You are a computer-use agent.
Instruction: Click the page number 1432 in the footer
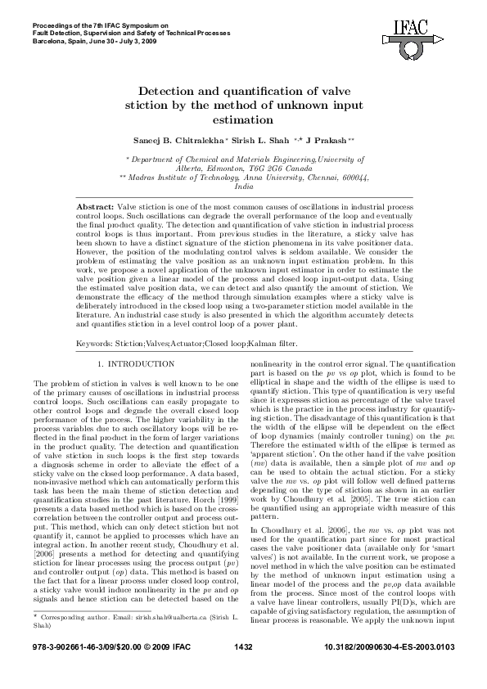point(243,670)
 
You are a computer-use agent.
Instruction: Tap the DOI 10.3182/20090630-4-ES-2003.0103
point(389,670)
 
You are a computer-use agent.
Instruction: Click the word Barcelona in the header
point(52,39)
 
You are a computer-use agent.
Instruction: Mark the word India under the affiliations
point(243,187)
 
